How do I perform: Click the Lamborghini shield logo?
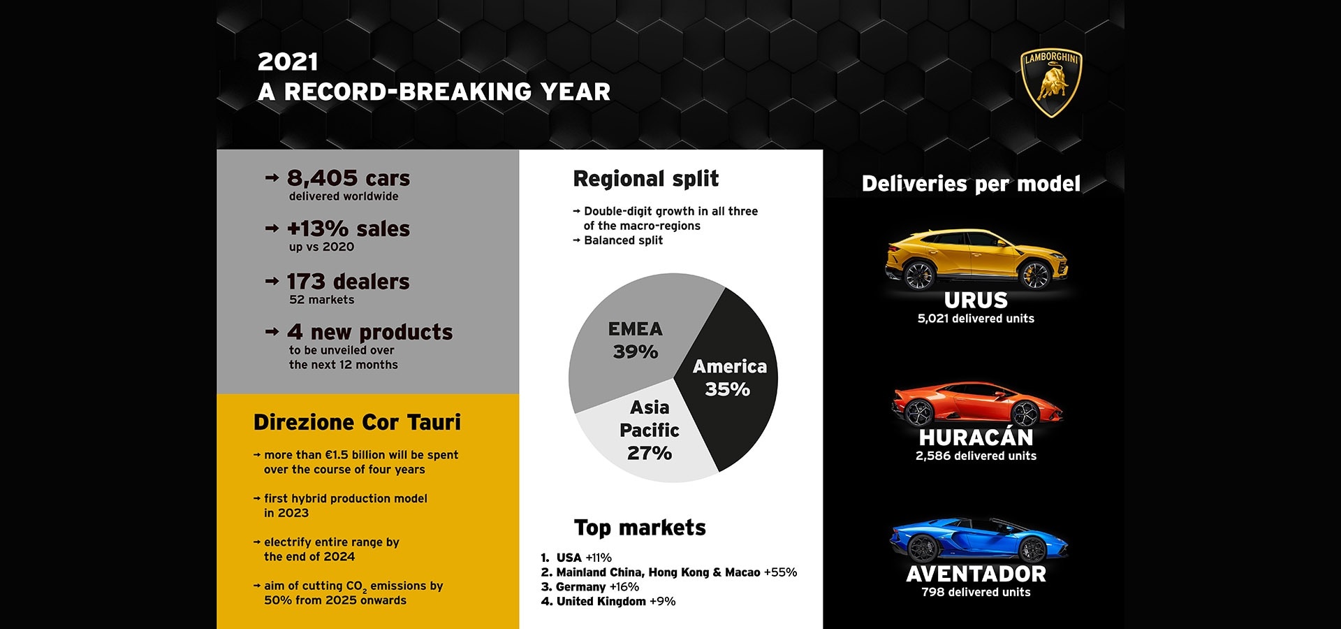pos(1051,83)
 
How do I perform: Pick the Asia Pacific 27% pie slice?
pos(646,433)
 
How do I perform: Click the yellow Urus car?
pos(976,259)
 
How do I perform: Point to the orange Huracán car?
pos(977,403)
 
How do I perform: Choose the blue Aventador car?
pos(978,540)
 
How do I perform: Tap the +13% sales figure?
pos(348,229)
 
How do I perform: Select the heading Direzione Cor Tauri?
pos(357,422)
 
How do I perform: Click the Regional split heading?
pos(645,179)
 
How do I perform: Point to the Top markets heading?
pos(640,528)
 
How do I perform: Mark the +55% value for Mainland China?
pos(780,572)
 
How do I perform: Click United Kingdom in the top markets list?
pos(601,601)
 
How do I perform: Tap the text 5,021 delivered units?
pos(976,319)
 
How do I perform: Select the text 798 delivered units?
pos(976,593)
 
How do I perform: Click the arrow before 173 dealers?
pos(272,282)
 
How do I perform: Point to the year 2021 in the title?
pos(288,62)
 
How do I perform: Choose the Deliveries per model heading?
pos(971,184)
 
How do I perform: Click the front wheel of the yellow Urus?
pos(1035,275)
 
